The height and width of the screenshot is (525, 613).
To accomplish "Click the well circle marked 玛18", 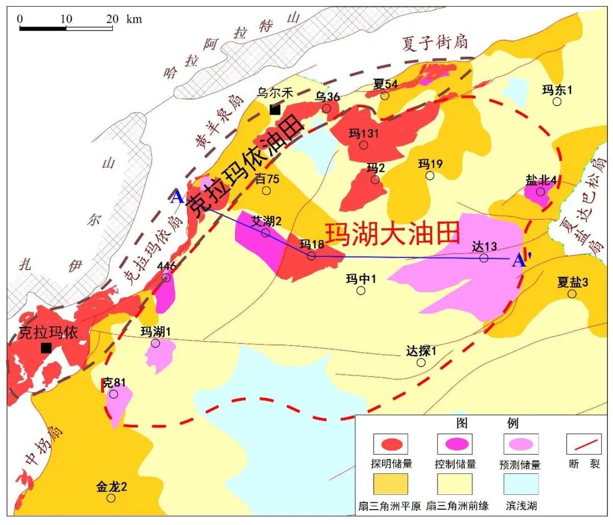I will tap(311, 256).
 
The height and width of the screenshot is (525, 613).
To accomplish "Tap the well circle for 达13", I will tap(484, 258).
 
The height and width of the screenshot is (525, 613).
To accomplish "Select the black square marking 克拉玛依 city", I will tap(46, 347).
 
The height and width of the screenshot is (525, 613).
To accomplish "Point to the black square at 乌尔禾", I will tap(275, 110).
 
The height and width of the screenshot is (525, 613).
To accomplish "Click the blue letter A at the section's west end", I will tap(177, 198).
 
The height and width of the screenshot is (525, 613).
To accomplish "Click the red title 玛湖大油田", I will tap(392, 233).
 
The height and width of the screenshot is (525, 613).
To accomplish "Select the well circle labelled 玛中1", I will tap(361, 291).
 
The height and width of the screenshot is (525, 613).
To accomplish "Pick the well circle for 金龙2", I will tap(111, 498).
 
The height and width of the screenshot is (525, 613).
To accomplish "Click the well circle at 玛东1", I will tap(557, 102).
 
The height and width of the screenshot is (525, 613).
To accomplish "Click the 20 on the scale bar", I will tap(112, 18).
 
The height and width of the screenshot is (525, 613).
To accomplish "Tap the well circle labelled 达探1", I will tap(421, 362).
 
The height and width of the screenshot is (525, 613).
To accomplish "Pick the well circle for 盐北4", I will tap(541, 191).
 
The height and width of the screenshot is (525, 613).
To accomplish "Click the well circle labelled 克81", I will tap(114, 394).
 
